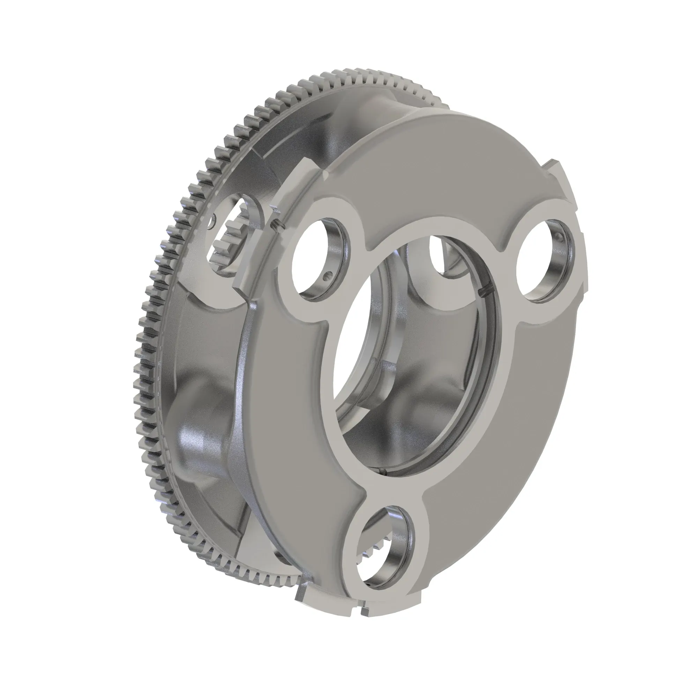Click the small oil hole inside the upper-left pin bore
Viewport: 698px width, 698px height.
327,277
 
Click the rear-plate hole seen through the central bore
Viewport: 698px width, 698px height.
443,255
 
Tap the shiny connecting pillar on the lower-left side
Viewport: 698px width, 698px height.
197,444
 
